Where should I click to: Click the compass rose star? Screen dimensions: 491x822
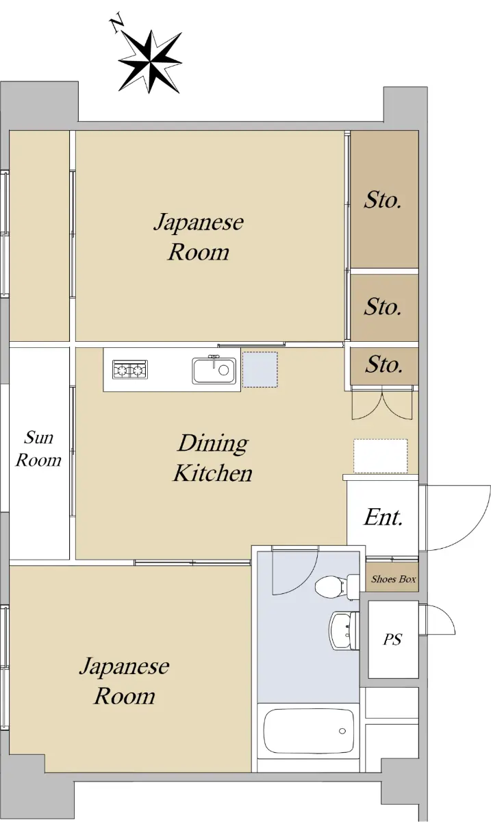pyautogui.click(x=150, y=62)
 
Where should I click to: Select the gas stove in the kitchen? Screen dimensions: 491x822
pyautogui.click(x=130, y=369)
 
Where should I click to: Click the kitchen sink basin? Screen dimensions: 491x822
pyautogui.click(x=214, y=371)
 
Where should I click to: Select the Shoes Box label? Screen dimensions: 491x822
pyautogui.click(x=393, y=580)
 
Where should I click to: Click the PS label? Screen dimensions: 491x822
pyautogui.click(x=392, y=640)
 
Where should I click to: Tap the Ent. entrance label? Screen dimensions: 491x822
pyautogui.click(x=383, y=517)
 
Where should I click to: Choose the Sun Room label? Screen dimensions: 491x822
pyautogui.click(x=38, y=449)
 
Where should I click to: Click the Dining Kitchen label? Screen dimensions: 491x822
pyautogui.click(x=213, y=458)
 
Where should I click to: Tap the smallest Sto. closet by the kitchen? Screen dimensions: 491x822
pyautogui.click(x=384, y=366)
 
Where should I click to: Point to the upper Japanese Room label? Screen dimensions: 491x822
pyautogui.click(x=199, y=237)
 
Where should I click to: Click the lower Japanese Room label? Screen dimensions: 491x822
pyautogui.click(x=125, y=682)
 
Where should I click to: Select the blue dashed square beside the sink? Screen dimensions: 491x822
pyautogui.click(x=260, y=370)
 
